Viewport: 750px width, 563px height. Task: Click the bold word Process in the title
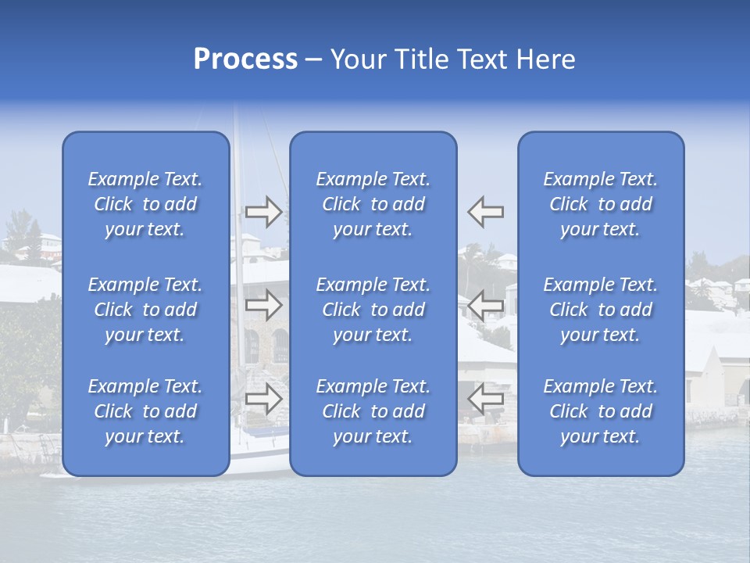(x=245, y=59)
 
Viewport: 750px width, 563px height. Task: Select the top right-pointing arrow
(x=263, y=212)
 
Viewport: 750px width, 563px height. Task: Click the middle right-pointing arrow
(x=263, y=306)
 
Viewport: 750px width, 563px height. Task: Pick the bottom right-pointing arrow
(x=263, y=399)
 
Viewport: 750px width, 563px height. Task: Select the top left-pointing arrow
(x=485, y=212)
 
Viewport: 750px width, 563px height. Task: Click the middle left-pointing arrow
(x=485, y=306)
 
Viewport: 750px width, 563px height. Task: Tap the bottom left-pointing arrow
(x=485, y=399)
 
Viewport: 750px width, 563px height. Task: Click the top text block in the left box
(x=145, y=204)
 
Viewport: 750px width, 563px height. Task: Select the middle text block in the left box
(x=145, y=310)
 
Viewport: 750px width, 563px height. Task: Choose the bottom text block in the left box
(x=145, y=411)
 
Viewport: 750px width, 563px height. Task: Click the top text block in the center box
(x=373, y=204)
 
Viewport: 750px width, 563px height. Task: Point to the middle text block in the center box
(x=373, y=310)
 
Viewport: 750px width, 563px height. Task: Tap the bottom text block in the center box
(x=373, y=411)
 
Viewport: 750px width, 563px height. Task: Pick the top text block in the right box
(x=601, y=204)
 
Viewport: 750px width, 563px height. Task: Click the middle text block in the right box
(x=601, y=310)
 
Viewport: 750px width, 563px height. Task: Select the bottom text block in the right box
(x=601, y=411)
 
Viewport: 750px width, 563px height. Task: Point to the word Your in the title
(x=357, y=59)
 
